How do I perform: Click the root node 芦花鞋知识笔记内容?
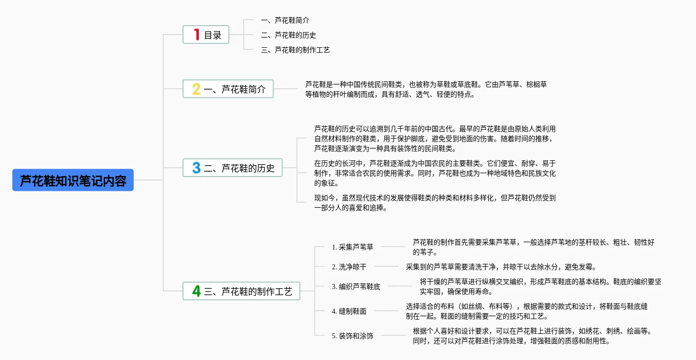(x=73, y=180)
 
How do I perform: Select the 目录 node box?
(x=206, y=35)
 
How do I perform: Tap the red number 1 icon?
(x=196, y=35)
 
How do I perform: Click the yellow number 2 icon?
(x=196, y=89)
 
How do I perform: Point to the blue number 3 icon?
(x=196, y=168)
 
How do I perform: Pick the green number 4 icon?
(x=196, y=291)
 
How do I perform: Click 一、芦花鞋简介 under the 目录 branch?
(x=285, y=20)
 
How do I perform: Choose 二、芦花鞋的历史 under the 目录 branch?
(x=289, y=35)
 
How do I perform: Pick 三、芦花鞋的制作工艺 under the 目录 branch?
(x=295, y=50)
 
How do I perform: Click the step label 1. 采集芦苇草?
(x=353, y=247)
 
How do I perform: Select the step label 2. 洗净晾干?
(x=349, y=267)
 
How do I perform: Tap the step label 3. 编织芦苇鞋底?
(x=356, y=287)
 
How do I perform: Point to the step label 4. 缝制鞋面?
(x=349, y=311)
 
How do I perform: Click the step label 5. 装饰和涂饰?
(x=353, y=336)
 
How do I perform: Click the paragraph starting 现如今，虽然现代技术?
(x=435, y=203)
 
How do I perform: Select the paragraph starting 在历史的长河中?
(x=435, y=173)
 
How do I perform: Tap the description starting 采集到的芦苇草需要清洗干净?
(x=501, y=267)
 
